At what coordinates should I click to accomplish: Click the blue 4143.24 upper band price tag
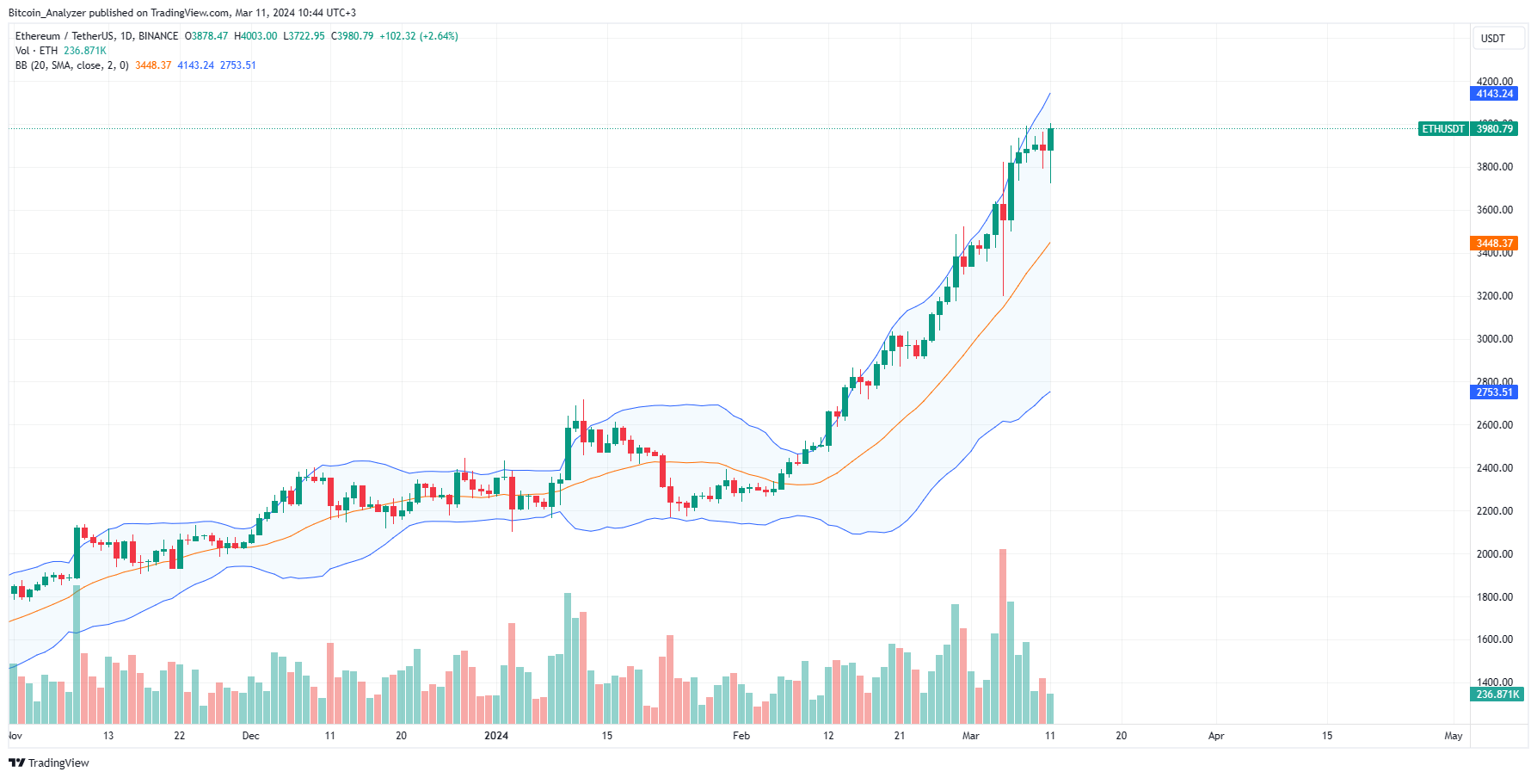1494,94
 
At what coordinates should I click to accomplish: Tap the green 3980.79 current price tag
1494,129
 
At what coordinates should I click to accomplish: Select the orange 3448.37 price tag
1494,244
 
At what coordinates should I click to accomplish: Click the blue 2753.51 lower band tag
1494,392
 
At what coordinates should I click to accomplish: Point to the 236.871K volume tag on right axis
1497,695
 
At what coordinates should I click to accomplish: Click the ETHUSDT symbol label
1442,129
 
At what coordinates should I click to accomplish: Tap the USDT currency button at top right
1492,39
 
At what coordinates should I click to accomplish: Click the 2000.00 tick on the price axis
1494,554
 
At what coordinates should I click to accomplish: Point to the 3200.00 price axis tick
1494,296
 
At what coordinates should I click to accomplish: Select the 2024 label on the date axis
496,736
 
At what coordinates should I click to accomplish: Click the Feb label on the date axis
741,736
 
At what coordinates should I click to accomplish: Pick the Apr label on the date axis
1216,736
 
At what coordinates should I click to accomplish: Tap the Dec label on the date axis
250,736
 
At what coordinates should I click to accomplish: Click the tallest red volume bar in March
1003,637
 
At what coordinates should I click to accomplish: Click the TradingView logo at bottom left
49,763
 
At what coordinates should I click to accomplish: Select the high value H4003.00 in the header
255,36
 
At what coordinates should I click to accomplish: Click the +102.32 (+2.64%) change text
419,36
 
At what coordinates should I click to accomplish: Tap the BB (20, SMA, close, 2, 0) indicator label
72,65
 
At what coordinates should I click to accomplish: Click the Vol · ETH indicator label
36,51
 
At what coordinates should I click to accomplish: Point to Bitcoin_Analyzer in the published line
46,13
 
